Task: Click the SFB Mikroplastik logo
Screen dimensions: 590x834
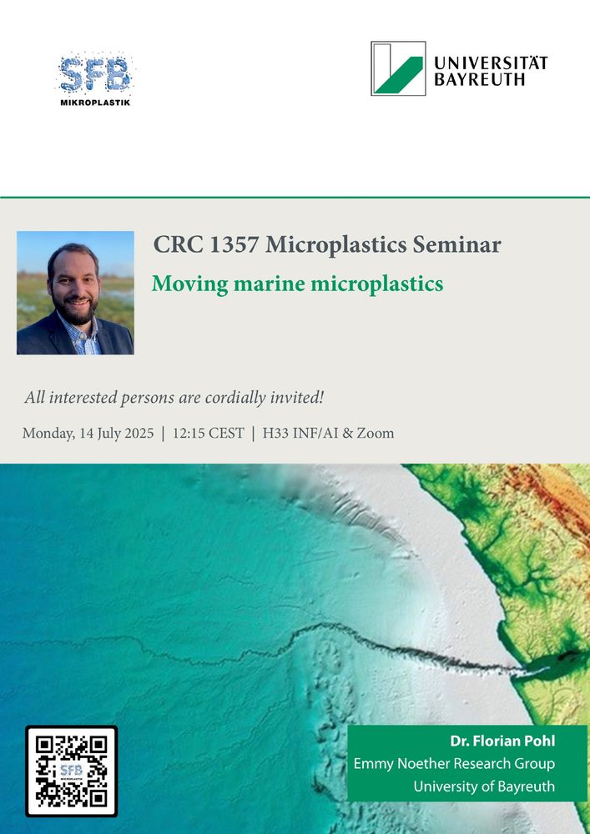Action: pyautogui.click(x=95, y=79)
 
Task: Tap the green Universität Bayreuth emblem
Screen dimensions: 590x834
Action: pyautogui.click(x=398, y=68)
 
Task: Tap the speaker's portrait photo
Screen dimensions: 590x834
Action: pyautogui.click(x=75, y=293)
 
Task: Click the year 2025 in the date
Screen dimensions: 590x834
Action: pyautogui.click(x=139, y=434)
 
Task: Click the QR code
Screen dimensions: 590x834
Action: pyautogui.click(x=71, y=771)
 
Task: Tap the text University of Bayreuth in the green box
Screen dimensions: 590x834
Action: pyautogui.click(x=484, y=786)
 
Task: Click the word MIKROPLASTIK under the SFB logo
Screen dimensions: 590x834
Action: pyautogui.click(x=95, y=102)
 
